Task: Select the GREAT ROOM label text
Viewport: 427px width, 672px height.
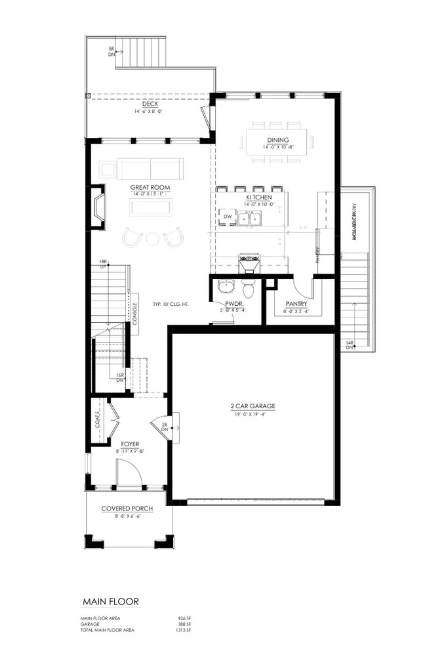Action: [150, 188]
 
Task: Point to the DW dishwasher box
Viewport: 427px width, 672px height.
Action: [227, 216]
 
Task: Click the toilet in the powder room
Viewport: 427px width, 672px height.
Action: [247, 288]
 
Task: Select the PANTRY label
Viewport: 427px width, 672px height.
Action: [296, 304]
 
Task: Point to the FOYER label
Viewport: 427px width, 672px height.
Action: [129, 444]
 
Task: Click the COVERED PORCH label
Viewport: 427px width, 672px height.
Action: [129, 509]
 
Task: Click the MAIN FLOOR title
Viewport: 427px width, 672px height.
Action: [110, 600]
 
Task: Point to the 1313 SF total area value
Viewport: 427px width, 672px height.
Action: [184, 630]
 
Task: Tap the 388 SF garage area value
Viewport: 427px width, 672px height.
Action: [185, 624]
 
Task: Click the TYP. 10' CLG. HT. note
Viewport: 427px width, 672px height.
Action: [171, 304]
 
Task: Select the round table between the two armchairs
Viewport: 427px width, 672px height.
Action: [153, 238]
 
